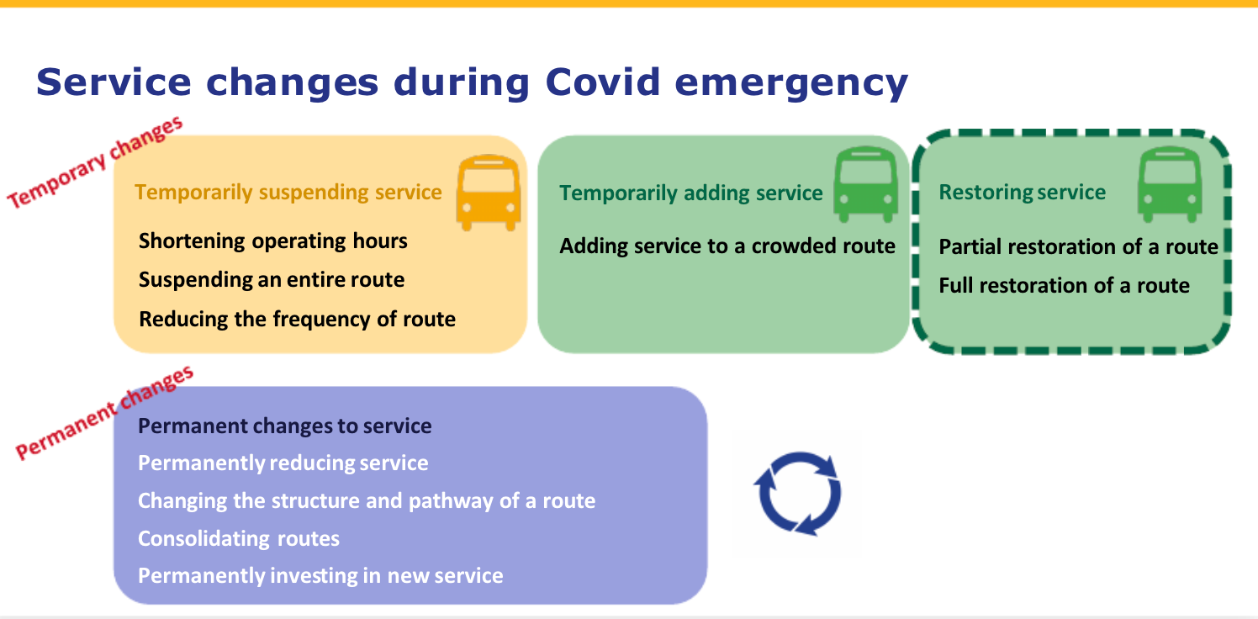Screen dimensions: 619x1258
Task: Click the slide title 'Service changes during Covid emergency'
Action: [472, 83]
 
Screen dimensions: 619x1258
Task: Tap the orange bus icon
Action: [487, 193]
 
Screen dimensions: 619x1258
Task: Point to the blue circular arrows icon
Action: [797, 494]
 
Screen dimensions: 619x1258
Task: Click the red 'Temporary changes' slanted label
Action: [95, 161]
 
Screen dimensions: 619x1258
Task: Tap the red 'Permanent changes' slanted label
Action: [104, 413]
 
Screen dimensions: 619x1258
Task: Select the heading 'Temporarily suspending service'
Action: [288, 193]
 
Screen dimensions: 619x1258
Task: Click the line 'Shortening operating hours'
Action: [272, 241]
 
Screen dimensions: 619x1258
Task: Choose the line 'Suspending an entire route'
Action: [271, 280]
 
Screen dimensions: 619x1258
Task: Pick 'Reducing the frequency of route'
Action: [297, 320]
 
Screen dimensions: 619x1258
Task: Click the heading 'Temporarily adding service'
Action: [690, 193]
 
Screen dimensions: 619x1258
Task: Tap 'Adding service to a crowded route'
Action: [727, 246]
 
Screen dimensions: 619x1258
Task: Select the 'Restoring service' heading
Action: [1022, 193]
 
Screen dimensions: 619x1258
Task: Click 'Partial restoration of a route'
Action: [1078, 247]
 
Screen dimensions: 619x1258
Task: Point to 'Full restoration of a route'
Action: [1064, 286]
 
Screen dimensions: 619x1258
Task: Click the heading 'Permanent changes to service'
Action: [284, 426]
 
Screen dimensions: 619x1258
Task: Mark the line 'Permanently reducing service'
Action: [283, 463]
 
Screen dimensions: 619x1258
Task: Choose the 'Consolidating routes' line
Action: [238, 538]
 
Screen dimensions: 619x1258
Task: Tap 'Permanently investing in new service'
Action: [320, 576]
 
